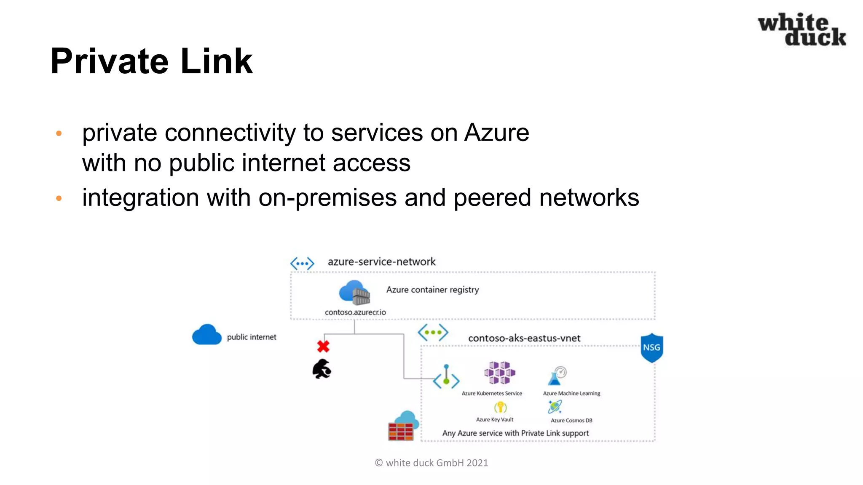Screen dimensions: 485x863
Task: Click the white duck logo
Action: click(801, 29)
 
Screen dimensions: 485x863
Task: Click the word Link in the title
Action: click(217, 61)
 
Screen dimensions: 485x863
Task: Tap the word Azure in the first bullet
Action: click(496, 133)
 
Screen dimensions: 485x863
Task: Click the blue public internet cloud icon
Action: click(206, 335)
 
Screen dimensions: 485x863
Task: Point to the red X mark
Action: click(323, 346)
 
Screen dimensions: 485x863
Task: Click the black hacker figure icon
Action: click(322, 369)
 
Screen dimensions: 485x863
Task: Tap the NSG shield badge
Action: click(651, 348)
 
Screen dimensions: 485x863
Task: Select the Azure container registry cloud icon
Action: click(354, 292)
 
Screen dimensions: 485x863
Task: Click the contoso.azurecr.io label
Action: click(355, 312)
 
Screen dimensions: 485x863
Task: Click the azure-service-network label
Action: click(381, 262)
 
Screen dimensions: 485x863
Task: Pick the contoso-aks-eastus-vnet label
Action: click(524, 338)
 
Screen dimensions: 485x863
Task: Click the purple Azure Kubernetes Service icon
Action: click(499, 373)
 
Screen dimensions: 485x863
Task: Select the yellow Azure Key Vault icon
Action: click(500, 407)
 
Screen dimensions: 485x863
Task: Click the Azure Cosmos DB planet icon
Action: click(555, 407)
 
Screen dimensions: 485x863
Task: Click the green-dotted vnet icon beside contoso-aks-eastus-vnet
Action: click(433, 333)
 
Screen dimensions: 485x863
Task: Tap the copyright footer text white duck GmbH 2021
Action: click(431, 463)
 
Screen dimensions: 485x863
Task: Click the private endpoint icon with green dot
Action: click(446, 377)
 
